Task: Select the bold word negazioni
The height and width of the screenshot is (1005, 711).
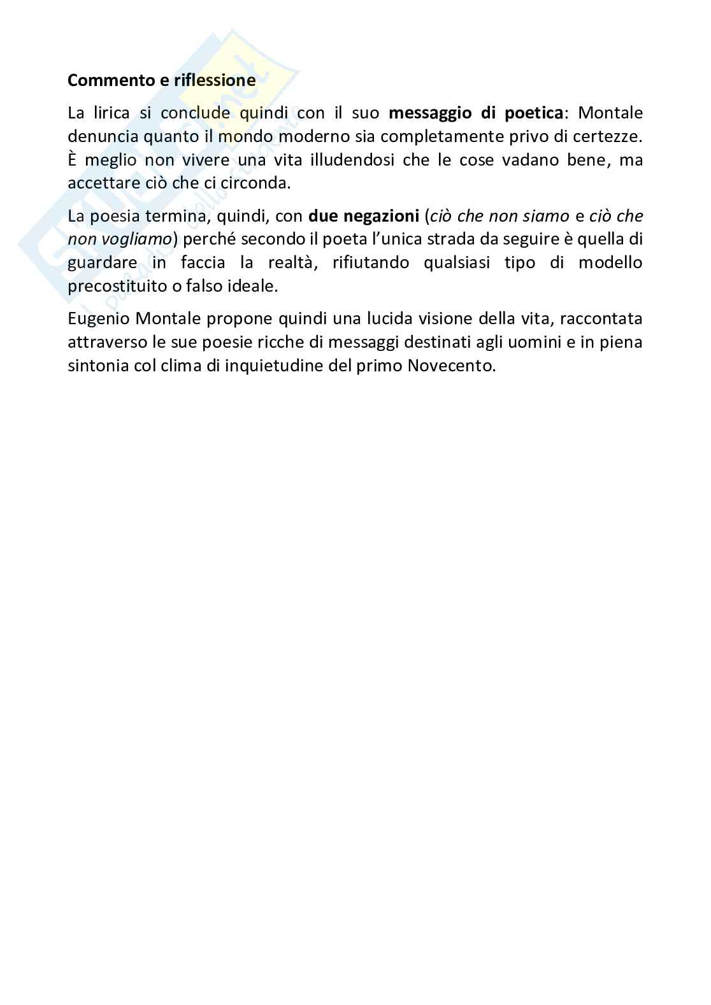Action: pyautogui.click(x=382, y=217)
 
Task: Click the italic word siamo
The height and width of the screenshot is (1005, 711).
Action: pyautogui.click(x=546, y=217)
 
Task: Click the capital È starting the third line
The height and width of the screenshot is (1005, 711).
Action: pyautogui.click(x=72, y=159)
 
